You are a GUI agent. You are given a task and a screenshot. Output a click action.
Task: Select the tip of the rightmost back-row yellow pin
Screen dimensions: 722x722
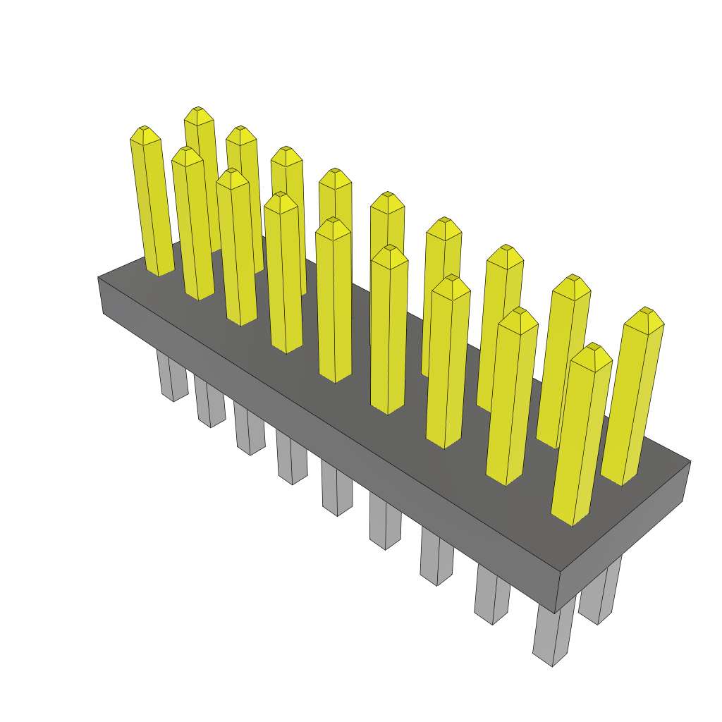pos(645,310)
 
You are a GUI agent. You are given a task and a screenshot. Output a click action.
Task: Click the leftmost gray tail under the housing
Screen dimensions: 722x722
pos(172,377)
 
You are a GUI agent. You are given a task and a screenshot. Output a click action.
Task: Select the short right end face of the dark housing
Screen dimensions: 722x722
pos(620,536)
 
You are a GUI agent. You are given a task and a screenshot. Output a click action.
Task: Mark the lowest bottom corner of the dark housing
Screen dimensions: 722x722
pos(556,613)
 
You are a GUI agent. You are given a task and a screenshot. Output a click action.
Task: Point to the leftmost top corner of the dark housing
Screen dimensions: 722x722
pos(98,277)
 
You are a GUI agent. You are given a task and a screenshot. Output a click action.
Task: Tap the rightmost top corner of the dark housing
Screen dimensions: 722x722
pos(690,462)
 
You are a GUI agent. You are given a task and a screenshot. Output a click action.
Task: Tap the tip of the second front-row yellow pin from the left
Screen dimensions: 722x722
pos(186,149)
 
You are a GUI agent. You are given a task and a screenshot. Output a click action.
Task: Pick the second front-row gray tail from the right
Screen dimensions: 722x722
pos(491,596)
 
